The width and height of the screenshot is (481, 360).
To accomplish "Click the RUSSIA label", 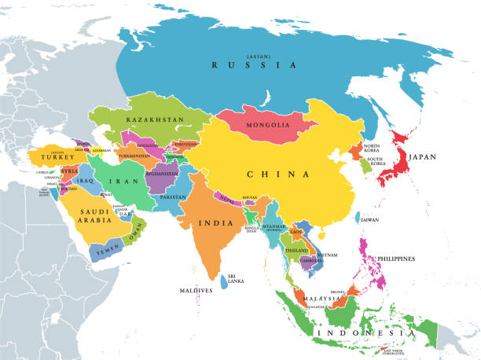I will coord(253,65).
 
